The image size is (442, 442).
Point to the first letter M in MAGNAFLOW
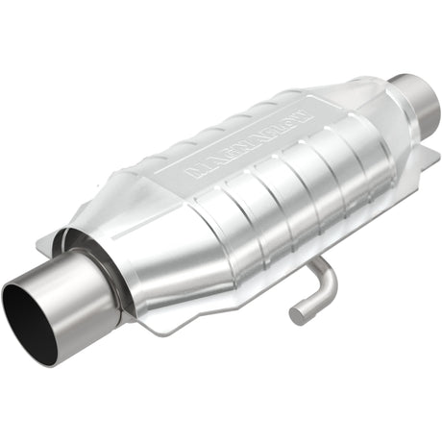[192, 174]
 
